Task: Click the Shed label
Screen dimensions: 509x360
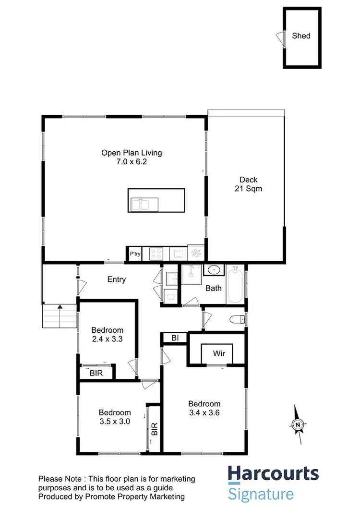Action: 301,36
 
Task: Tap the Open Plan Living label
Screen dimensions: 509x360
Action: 131,153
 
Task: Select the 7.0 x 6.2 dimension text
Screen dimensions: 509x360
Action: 131,162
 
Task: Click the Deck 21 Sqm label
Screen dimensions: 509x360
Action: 248,184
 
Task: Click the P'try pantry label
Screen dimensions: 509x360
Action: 135,254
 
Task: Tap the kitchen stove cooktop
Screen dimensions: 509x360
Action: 156,253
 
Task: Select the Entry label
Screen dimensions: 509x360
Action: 116,279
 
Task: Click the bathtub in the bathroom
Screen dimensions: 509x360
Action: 235,285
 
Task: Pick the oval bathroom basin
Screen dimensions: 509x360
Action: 213,270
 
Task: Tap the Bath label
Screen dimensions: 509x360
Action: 214,288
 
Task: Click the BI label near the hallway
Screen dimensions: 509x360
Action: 175,338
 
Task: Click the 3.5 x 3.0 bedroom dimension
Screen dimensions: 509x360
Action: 115,421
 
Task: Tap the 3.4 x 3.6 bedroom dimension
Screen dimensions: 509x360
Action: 204,412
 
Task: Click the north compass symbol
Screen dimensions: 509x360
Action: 298,424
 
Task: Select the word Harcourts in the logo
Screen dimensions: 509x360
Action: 273,473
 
